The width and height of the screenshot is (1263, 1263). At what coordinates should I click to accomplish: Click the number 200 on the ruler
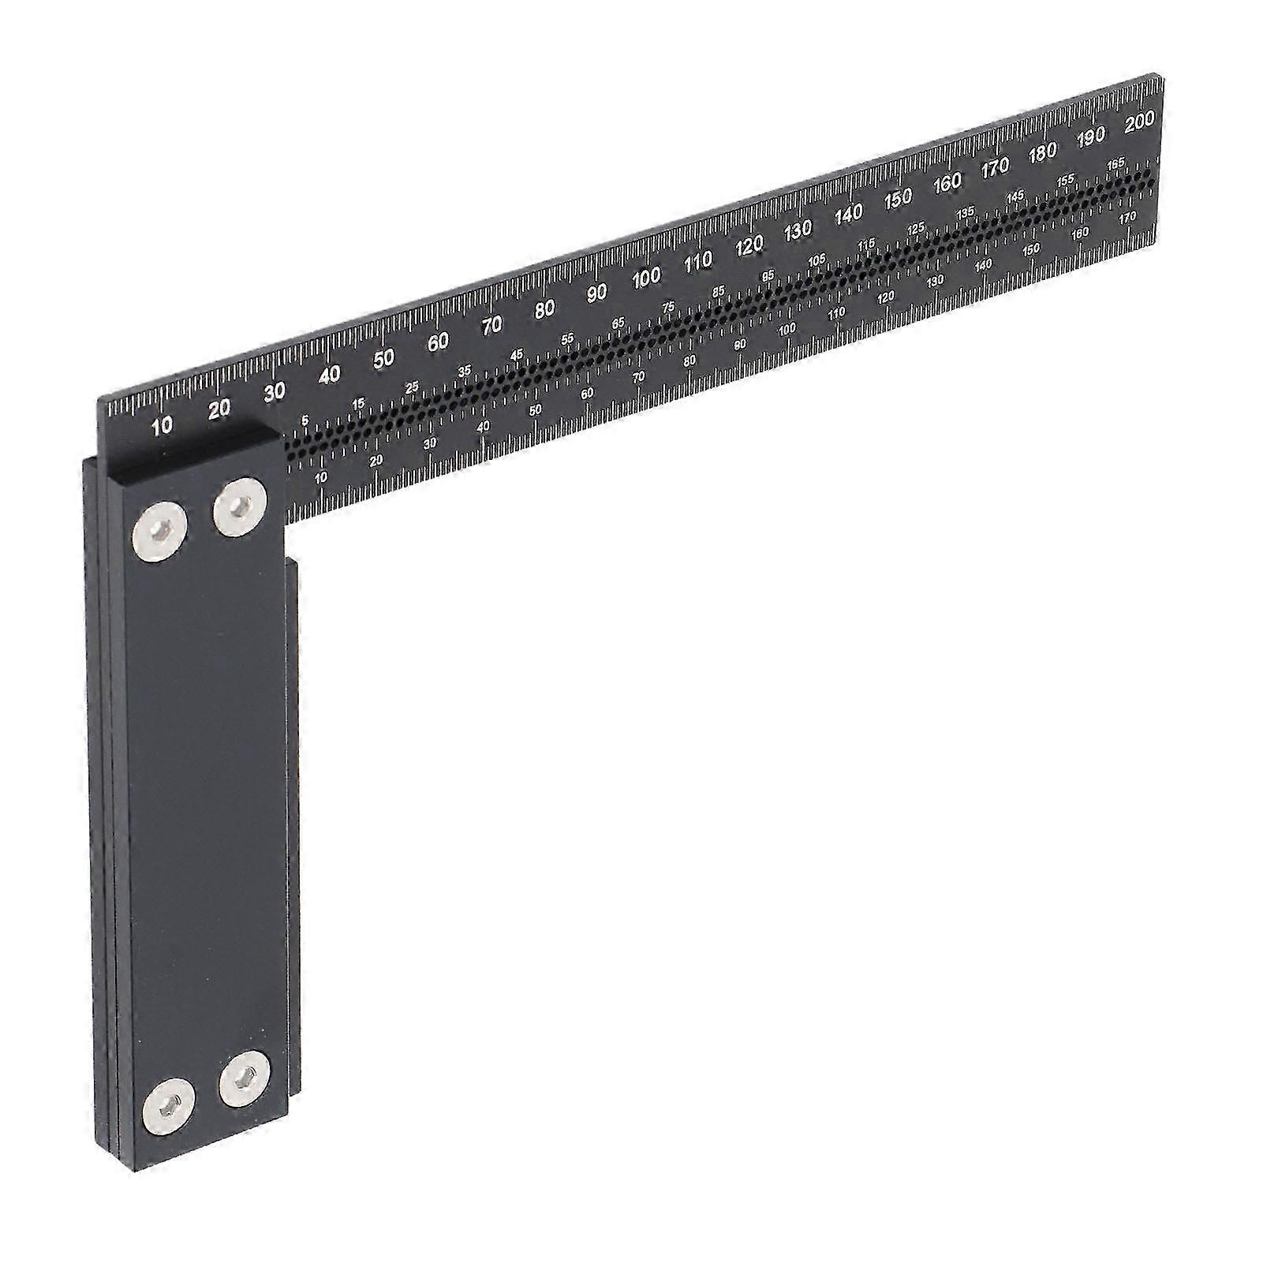click(x=1140, y=123)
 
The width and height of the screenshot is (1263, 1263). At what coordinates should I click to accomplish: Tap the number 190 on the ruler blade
click(x=1091, y=137)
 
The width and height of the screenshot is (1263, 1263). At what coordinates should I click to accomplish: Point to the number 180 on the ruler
click(x=1042, y=152)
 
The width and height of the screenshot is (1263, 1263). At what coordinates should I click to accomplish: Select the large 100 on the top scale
click(x=646, y=277)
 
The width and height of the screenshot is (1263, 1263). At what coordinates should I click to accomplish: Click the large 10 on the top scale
click(x=162, y=427)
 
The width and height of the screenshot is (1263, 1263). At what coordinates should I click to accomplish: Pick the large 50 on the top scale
click(x=383, y=358)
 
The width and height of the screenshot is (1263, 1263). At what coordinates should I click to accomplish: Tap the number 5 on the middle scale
click(x=305, y=421)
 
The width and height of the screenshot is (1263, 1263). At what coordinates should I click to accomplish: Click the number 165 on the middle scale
click(x=1115, y=164)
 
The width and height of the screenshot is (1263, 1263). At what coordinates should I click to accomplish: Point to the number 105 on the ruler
click(x=816, y=259)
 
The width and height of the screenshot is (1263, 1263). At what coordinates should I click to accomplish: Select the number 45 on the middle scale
click(x=517, y=355)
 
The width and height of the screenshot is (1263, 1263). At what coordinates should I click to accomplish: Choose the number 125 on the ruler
click(x=916, y=228)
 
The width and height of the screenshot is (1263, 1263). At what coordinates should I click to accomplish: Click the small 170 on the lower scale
click(x=1127, y=216)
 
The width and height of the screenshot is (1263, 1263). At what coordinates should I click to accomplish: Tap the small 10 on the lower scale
click(x=321, y=477)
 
